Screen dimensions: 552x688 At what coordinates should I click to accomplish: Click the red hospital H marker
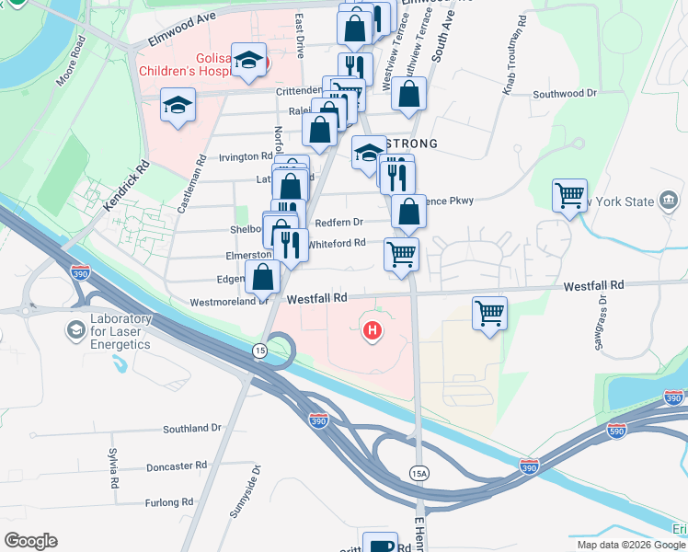click(373, 330)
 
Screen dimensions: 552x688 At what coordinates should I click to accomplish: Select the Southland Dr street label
click(192, 429)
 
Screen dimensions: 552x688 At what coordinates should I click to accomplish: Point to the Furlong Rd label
click(168, 502)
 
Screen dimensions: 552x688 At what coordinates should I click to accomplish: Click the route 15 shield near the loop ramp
click(259, 351)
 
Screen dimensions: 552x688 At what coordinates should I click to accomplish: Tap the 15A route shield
click(419, 471)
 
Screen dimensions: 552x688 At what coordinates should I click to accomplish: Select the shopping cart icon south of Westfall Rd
click(489, 312)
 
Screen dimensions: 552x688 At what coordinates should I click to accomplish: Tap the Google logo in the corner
click(30, 541)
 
